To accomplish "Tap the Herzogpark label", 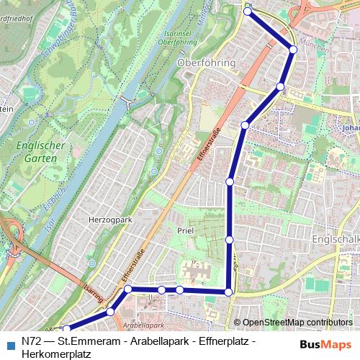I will pyautogui.click(x=107, y=218).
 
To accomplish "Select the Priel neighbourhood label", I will pyautogui.click(x=186, y=230).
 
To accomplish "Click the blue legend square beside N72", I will pyautogui.click(x=9, y=343).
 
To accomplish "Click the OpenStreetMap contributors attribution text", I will pyautogui.click(x=297, y=323).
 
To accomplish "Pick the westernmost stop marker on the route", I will pyautogui.click(x=67, y=329).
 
